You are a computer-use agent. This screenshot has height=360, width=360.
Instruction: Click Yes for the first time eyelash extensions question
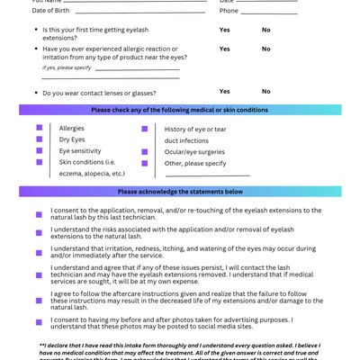[224, 30]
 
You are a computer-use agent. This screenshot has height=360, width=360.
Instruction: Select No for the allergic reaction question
[265, 49]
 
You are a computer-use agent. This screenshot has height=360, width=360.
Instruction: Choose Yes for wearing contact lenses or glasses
[224, 91]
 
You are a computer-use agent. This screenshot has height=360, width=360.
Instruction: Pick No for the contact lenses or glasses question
[265, 91]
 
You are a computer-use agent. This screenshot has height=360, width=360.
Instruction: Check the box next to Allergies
[39, 128]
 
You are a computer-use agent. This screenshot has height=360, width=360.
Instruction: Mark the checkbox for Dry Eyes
[39, 139]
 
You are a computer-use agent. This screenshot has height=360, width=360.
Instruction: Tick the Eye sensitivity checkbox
[39, 151]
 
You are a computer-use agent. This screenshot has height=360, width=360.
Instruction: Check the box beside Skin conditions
[39, 162]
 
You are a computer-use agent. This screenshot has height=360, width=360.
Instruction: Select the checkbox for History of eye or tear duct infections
[145, 129]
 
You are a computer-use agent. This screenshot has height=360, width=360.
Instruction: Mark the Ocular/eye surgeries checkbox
[145, 151]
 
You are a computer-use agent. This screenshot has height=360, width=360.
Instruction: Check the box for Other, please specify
[145, 163]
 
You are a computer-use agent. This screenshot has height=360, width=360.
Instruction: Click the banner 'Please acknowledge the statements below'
[180, 192]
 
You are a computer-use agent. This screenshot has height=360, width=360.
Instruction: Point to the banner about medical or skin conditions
[180, 110]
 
